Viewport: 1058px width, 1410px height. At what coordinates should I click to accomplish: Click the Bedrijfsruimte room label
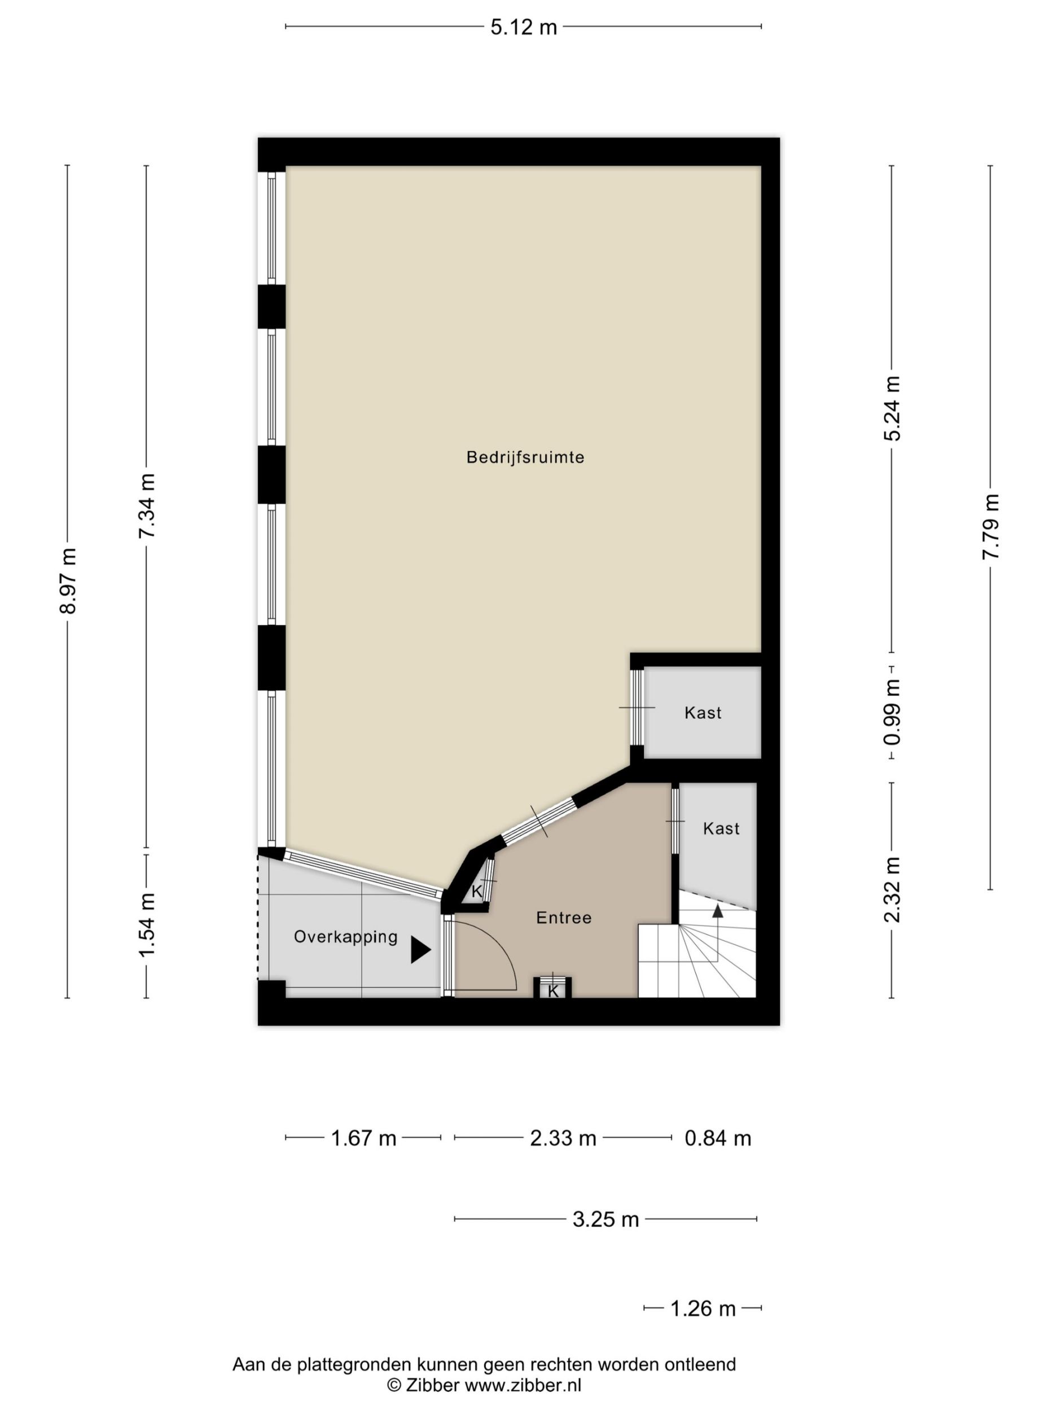[x=525, y=457]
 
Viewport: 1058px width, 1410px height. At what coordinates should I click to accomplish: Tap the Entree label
[x=564, y=917]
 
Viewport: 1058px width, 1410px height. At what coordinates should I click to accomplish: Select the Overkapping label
[x=346, y=937]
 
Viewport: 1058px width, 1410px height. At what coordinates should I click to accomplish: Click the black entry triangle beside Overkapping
[x=420, y=950]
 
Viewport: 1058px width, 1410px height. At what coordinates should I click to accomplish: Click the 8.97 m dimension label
[x=68, y=581]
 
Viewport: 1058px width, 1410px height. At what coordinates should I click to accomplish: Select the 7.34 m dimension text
[x=147, y=505]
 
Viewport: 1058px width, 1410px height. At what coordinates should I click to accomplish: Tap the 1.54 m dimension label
[x=147, y=925]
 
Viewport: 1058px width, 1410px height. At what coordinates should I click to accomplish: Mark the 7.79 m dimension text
[x=990, y=527]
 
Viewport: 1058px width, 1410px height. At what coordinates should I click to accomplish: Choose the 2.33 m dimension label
[x=563, y=1138]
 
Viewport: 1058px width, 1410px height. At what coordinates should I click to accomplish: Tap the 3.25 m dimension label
[x=606, y=1219]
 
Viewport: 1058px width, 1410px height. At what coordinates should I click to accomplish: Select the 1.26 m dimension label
[x=703, y=1308]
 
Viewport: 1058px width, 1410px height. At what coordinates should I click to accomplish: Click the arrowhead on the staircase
[x=717, y=910]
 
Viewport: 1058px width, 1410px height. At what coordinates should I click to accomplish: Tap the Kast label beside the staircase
[x=721, y=828]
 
